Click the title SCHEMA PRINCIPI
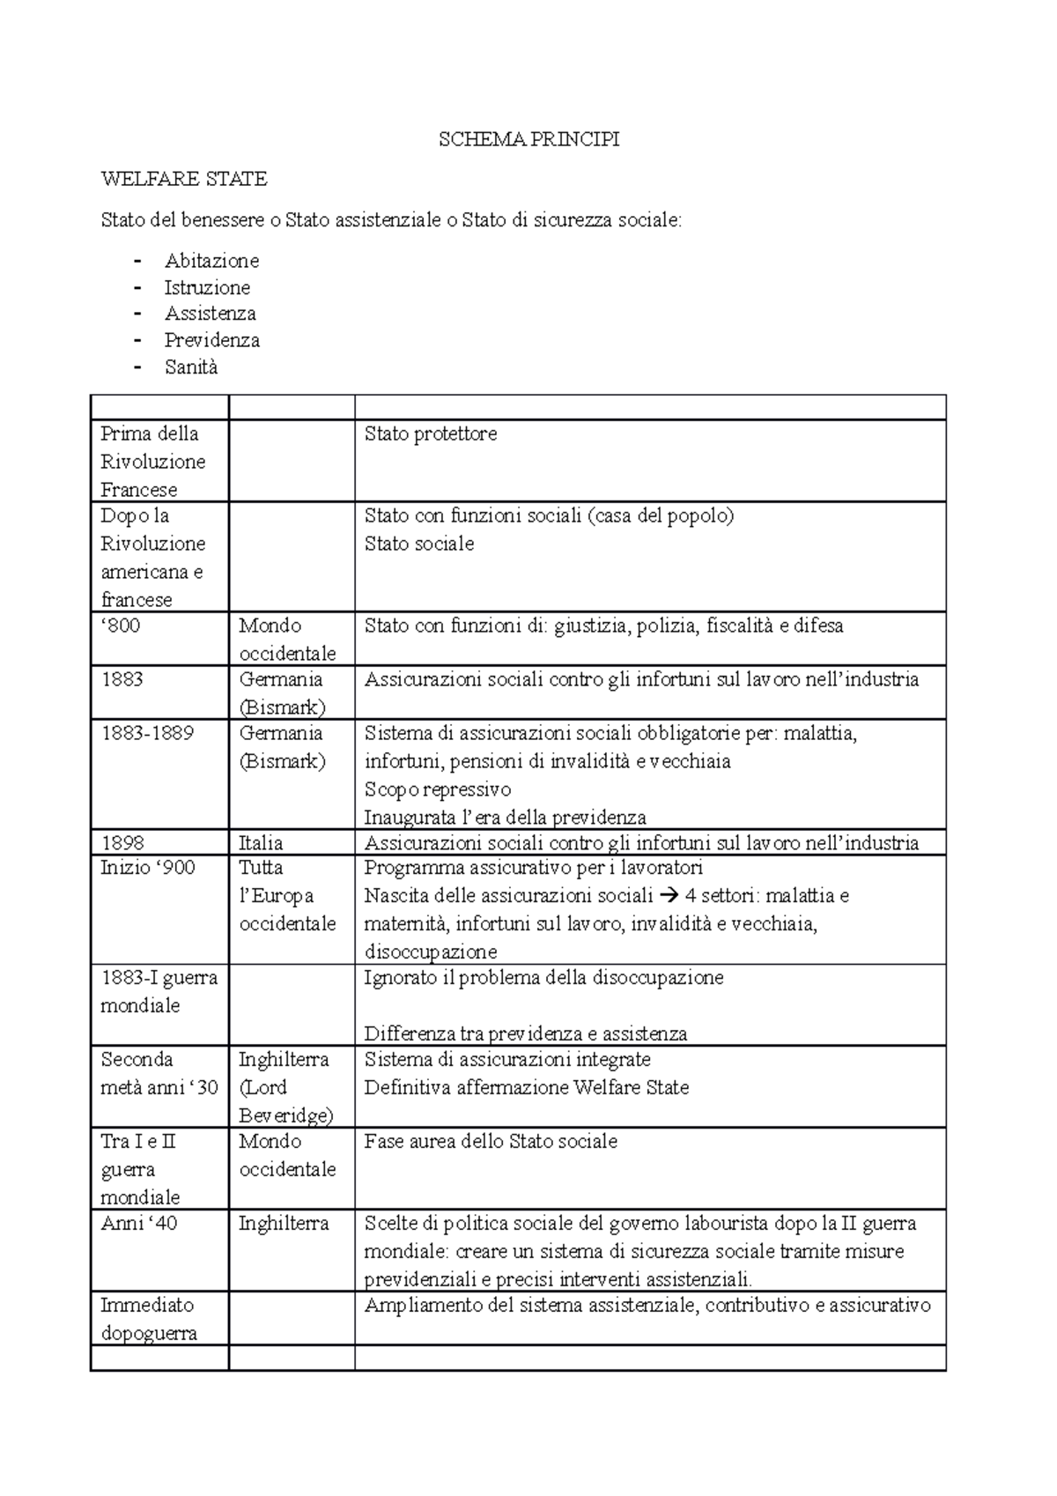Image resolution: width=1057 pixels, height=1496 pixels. coord(528,139)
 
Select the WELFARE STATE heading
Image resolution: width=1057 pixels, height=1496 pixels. coord(184,179)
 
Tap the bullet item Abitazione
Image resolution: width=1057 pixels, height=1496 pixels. coord(211,261)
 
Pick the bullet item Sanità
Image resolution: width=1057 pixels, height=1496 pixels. coord(190,367)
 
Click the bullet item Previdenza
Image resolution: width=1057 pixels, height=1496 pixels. coord(211,340)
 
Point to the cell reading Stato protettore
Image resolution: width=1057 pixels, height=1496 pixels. coord(431,433)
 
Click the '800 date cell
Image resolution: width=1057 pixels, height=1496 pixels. coord(121,626)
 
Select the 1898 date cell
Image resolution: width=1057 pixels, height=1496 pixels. coord(122,842)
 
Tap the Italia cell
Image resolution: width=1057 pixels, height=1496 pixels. coord(261,842)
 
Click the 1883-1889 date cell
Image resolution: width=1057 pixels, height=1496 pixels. coord(147,733)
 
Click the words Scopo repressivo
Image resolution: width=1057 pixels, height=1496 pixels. coord(438,789)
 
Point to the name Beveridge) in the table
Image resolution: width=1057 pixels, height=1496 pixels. coord(285,1115)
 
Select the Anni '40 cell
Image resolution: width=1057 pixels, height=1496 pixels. coord(139,1223)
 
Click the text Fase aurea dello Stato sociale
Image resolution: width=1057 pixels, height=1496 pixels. coord(491,1141)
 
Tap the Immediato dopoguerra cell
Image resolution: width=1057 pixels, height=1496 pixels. coord(148,1319)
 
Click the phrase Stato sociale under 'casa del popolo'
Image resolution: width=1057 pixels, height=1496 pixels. coord(419,544)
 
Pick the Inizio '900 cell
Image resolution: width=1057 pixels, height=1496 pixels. coord(148,868)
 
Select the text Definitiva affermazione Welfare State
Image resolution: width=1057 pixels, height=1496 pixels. coord(527,1087)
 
